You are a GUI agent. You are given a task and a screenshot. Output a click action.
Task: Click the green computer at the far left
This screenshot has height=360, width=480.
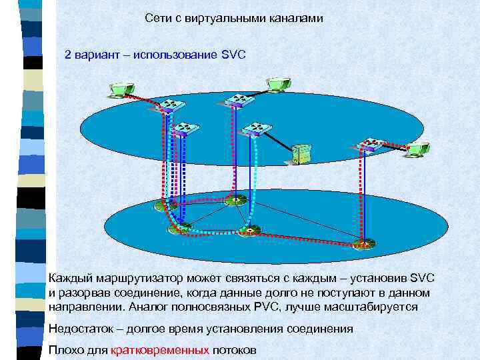pyautogui.click(x=122, y=90)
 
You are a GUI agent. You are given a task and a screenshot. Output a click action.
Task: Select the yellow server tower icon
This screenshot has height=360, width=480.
pyautogui.click(x=301, y=154)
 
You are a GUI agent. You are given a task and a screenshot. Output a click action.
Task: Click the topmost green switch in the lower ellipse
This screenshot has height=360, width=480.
pyautogui.click(x=234, y=199)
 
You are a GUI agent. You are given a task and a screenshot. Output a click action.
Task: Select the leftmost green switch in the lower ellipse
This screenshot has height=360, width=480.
pyautogui.click(x=163, y=206)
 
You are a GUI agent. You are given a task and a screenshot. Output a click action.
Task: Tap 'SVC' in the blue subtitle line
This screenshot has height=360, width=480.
pyautogui.click(x=233, y=54)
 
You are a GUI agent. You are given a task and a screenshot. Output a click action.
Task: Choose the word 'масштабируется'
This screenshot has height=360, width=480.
pyautogui.click(x=377, y=307)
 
